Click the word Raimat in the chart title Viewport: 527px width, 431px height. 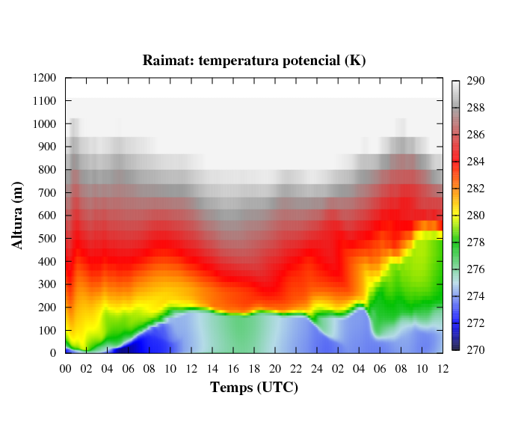click(x=166, y=61)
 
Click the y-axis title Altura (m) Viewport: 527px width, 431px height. click(x=18, y=215)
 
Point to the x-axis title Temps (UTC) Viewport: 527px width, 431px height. click(x=254, y=388)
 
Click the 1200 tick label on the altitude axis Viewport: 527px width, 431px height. click(x=45, y=78)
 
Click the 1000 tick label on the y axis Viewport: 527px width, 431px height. click(x=45, y=123)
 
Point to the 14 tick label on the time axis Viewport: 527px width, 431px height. click(x=212, y=368)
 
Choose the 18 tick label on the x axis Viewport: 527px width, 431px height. click(x=254, y=368)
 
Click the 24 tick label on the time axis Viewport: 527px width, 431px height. click(x=317, y=368)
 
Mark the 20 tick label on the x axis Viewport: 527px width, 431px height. click(x=275, y=368)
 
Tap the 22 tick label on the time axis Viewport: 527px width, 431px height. click(x=296, y=368)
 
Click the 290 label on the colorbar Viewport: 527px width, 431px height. click(x=476, y=82)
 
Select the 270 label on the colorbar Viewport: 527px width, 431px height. click(x=476, y=350)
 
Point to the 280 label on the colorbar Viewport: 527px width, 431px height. click(x=476, y=215)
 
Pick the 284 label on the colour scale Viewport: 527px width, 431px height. click(x=476, y=162)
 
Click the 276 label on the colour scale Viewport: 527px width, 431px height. click(x=476, y=269)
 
